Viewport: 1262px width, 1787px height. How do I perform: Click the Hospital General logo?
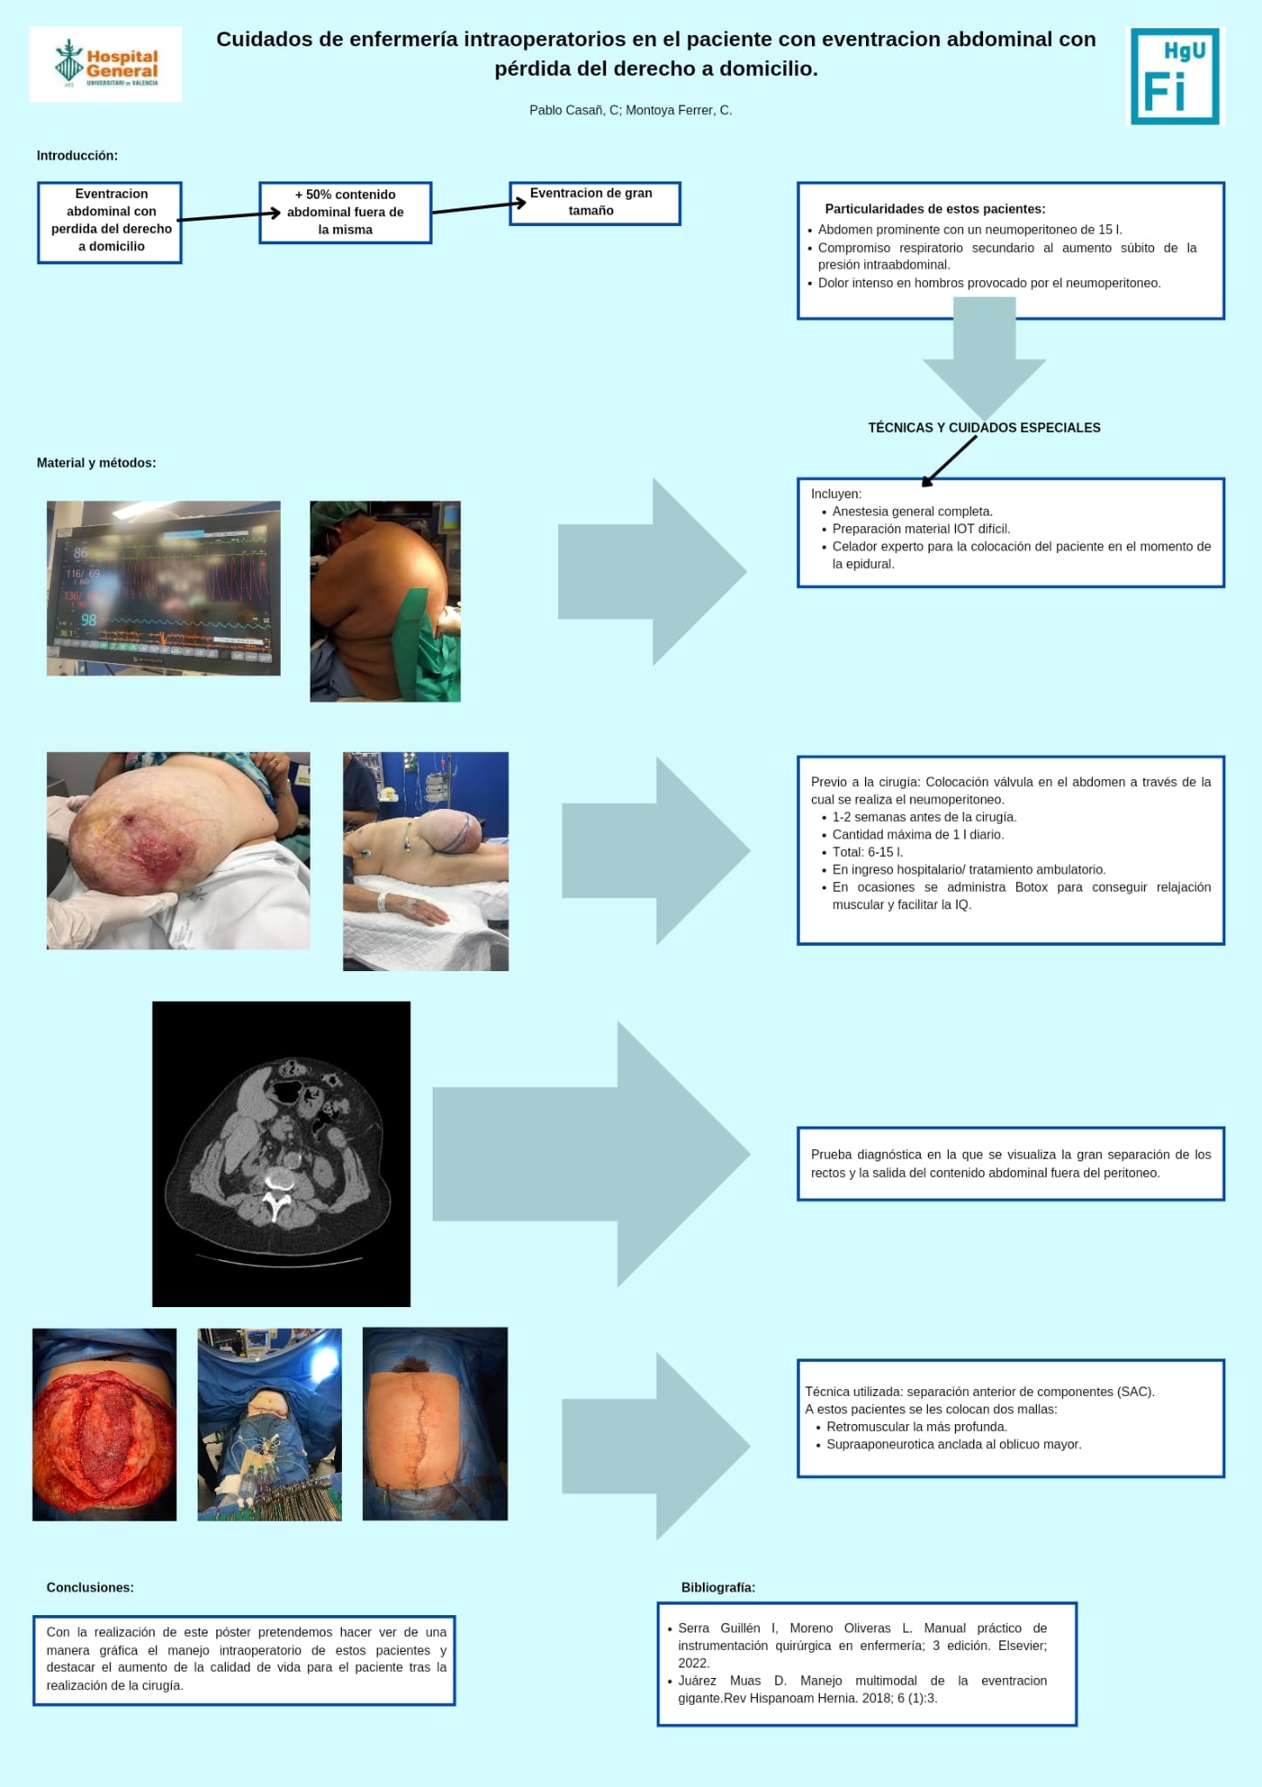click(x=106, y=64)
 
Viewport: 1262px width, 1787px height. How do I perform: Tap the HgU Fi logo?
click(x=1176, y=76)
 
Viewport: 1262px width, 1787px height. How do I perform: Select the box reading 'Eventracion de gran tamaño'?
click(x=595, y=203)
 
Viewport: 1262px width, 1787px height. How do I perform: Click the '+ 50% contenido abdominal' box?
click(x=345, y=212)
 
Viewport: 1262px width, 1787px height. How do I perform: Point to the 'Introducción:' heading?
click(x=77, y=155)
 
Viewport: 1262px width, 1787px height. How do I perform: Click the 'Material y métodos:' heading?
click(x=96, y=462)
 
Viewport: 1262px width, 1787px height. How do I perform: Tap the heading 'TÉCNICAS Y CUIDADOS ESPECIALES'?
click(x=984, y=428)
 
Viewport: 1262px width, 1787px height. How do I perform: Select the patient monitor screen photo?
click(x=163, y=588)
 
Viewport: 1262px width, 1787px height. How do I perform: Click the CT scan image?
click(x=281, y=1154)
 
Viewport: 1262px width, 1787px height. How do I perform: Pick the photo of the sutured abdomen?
click(x=435, y=1424)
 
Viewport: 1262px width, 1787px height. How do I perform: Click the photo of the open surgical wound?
click(x=105, y=1425)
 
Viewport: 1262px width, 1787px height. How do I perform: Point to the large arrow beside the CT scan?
click(x=591, y=1154)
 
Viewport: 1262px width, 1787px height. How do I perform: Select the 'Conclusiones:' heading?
click(x=90, y=1587)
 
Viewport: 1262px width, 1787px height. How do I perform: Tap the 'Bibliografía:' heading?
click(x=718, y=1587)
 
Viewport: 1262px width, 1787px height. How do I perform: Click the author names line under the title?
click(x=631, y=110)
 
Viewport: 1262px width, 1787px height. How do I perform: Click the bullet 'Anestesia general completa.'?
click(x=912, y=511)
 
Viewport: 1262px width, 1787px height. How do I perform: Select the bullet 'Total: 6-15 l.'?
click(x=867, y=852)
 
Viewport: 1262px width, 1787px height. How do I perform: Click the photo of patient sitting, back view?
click(x=385, y=601)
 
